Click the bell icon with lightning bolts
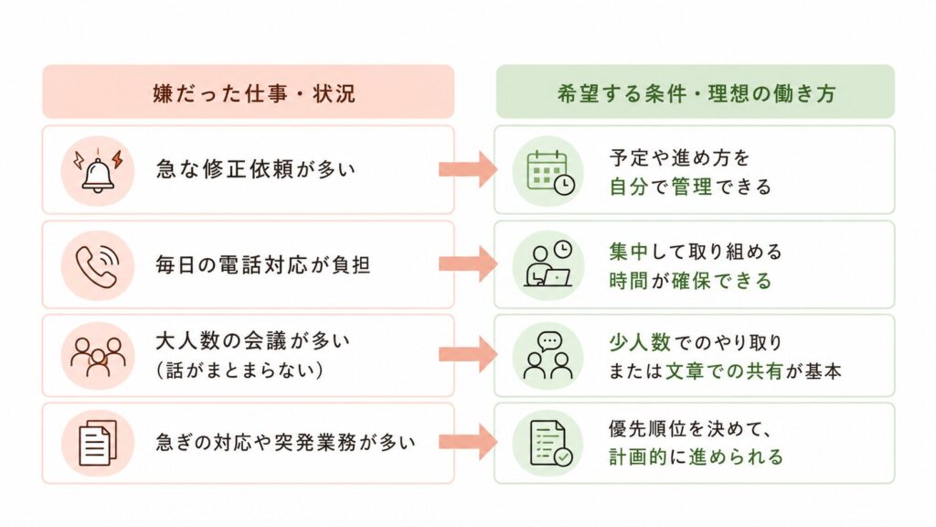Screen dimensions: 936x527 [x=98, y=171]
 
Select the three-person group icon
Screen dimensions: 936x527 [x=98, y=356]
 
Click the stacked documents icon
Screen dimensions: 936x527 [x=98, y=443]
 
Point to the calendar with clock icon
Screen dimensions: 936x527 [x=550, y=172]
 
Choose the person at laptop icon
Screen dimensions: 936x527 [x=548, y=263]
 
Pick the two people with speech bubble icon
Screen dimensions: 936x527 [x=548, y=356]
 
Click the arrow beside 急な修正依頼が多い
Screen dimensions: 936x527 [x=468, y=169]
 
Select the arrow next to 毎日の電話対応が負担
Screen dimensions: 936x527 [x=468, y=263]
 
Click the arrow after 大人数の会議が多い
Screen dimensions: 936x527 [x=468, y=355]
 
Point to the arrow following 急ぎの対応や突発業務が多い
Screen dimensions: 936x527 [x=468, y=442]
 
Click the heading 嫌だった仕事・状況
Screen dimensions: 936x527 [x=254, y=93]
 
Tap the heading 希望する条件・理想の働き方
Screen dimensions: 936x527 [x=696, y=93]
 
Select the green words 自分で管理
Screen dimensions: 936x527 [x=661, y=187]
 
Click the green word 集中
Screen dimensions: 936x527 [x=629, y=252]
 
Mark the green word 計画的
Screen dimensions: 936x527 [x=638, y=457]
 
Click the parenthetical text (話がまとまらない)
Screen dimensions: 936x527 [x=240, y=371]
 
